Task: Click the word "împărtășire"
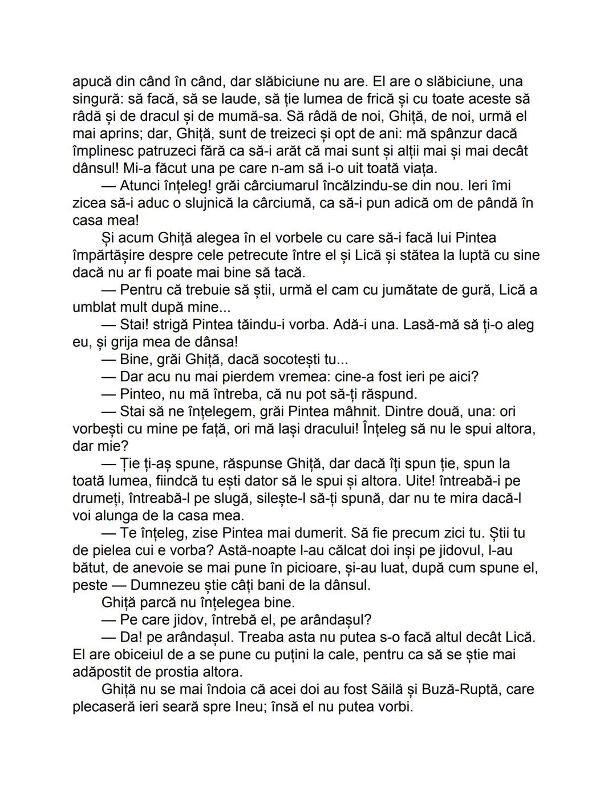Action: click(109, 255)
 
